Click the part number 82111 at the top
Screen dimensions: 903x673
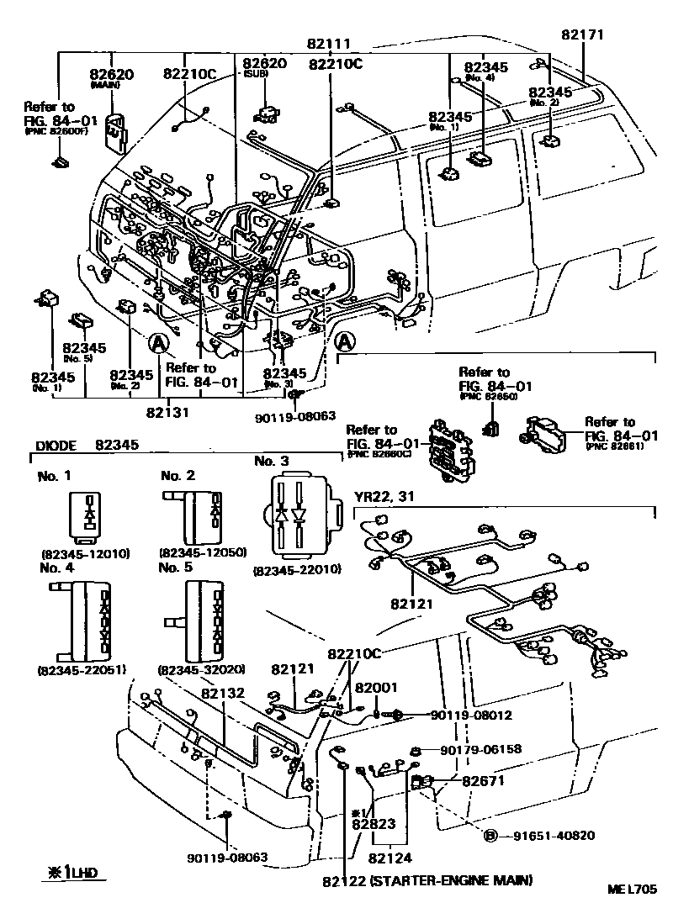coord(328,44)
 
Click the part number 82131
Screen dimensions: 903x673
coord(167,412)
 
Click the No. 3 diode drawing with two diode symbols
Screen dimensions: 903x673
coord(297,515)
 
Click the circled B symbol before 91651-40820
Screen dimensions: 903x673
coord(490,835)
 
